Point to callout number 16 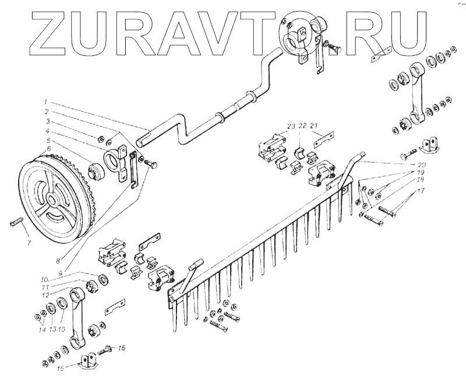[122, 348]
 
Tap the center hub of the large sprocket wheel [52, 200]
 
